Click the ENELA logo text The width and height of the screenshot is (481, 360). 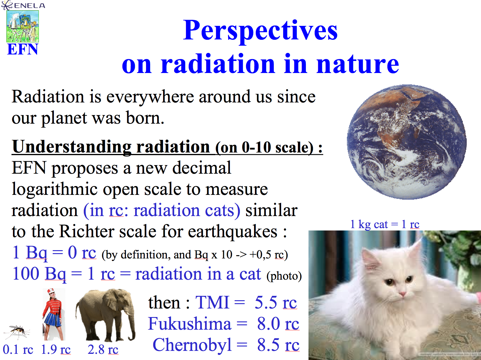[29, 6]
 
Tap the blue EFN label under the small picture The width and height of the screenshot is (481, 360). [23, 49]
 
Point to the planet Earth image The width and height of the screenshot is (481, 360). [407, 142]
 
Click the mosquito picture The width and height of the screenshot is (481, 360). [17, 331]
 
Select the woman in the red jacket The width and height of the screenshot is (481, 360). [54, 314]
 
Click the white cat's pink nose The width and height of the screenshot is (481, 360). [402, 294]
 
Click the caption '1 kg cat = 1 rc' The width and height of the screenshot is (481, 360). [385, 224]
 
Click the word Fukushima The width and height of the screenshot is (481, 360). [190, 323]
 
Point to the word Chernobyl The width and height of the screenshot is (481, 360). [192, 345]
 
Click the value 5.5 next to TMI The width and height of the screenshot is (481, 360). [266, 302]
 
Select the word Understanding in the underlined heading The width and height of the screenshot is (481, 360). [72, 147]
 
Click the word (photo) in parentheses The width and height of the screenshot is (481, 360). [284, 276]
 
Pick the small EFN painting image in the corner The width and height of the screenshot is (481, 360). [23, 26]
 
